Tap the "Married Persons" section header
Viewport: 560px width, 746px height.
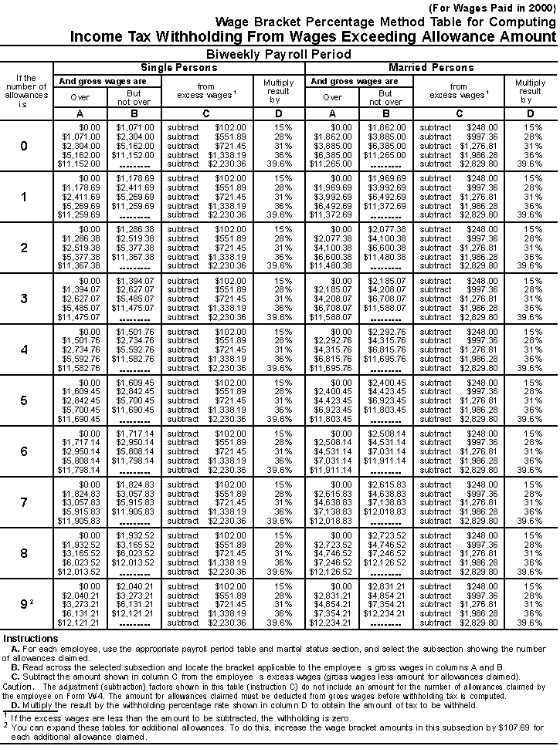point(431,68)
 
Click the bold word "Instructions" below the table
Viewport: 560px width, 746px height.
point(30,639)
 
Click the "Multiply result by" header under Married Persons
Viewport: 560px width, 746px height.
point(529,91)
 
